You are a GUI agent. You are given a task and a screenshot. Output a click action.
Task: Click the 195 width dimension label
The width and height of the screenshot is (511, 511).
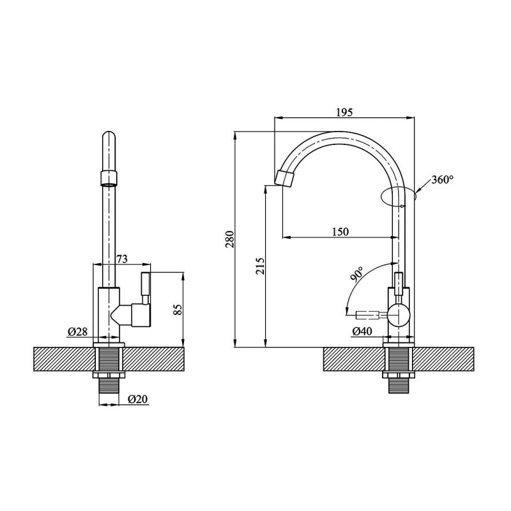coord(344,112)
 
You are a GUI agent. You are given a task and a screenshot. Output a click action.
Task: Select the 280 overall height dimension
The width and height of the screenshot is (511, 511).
coord(230,239)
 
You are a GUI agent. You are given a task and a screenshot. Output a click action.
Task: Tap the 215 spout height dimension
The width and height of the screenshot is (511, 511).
coord(261,266)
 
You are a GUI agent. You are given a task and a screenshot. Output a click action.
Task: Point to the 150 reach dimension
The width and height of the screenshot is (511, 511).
coord(340,232)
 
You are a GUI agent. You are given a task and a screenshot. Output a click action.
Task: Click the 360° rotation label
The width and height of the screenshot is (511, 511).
coord(442,179)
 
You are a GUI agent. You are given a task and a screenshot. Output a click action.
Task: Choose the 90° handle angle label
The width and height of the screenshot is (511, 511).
coord(356,273)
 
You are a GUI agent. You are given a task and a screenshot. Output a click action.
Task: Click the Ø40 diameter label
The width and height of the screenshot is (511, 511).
coord(362,332)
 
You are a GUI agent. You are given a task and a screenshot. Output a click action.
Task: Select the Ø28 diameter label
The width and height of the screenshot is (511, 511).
coord(77,332)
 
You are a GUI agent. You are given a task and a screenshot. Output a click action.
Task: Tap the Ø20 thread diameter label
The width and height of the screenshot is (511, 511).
coord(138,399)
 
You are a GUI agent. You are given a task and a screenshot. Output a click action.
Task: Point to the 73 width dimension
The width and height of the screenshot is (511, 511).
coord(122,259)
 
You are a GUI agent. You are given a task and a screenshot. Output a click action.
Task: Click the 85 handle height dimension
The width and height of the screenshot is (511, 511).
coord(178,309)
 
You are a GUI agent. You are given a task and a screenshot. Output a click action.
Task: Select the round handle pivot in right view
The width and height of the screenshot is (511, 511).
coord(398,315)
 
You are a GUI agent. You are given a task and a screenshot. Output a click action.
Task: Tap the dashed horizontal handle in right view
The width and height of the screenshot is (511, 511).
coord(368,315)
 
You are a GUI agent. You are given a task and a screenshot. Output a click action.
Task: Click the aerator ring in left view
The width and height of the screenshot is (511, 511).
coord(109,178)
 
